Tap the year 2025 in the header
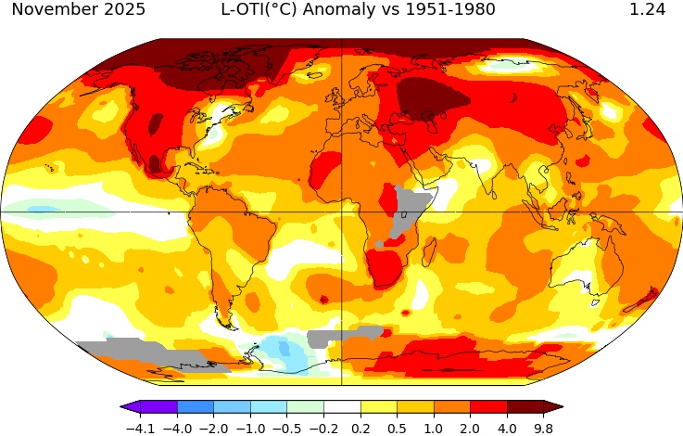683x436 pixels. coord(120,10)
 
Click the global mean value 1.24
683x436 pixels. coord(647,10)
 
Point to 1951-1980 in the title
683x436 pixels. coord(449,10)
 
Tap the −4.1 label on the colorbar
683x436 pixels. coord(140,429)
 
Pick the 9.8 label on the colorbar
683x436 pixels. coord(543,429)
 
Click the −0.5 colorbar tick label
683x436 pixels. coord(286,429)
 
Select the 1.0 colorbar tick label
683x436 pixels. coord(433,429)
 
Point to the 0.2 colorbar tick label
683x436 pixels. coord(360,429)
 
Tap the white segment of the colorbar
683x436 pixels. coord(341,407)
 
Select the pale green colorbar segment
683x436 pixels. coord(305,407)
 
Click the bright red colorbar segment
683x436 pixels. coord(488,407)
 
